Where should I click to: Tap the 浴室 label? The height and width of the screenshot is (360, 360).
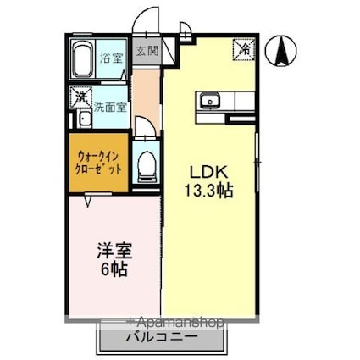point(111,58)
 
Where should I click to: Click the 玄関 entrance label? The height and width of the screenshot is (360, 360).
point(146,51)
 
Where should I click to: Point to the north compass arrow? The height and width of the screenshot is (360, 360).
point(280,53)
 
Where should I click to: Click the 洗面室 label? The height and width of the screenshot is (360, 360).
point(109,108)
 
